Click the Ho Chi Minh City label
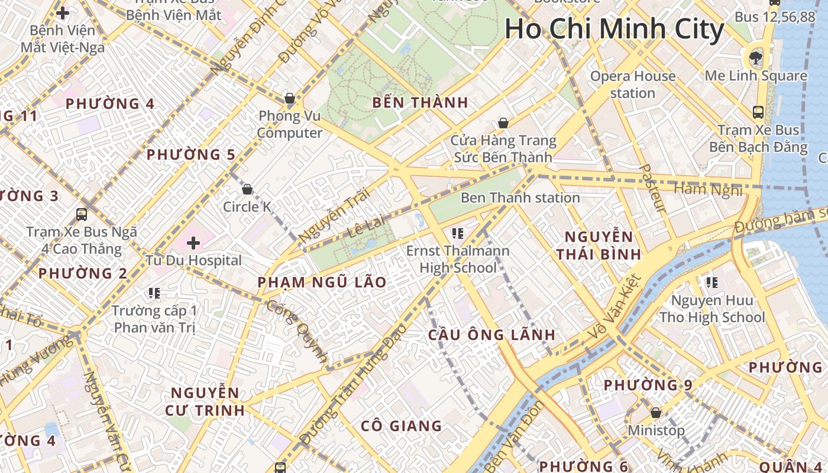[614, 30]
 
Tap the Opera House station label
[633, 85]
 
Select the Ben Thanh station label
[520, 197]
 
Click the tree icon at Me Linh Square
[755, 57]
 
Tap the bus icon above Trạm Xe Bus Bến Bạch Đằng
[758, 112]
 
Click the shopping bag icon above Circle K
[247, 189]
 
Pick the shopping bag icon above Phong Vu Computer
[290, 98]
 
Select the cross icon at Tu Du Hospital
[193, 242]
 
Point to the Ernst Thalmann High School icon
[457, 234]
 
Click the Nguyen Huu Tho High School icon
[712, 283]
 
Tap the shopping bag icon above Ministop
[655, 412]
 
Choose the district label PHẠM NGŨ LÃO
[322, 283]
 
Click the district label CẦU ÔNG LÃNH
[491, 335]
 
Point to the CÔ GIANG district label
[402, 426]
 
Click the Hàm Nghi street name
[707, 190]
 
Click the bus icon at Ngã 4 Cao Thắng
[82, 215]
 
